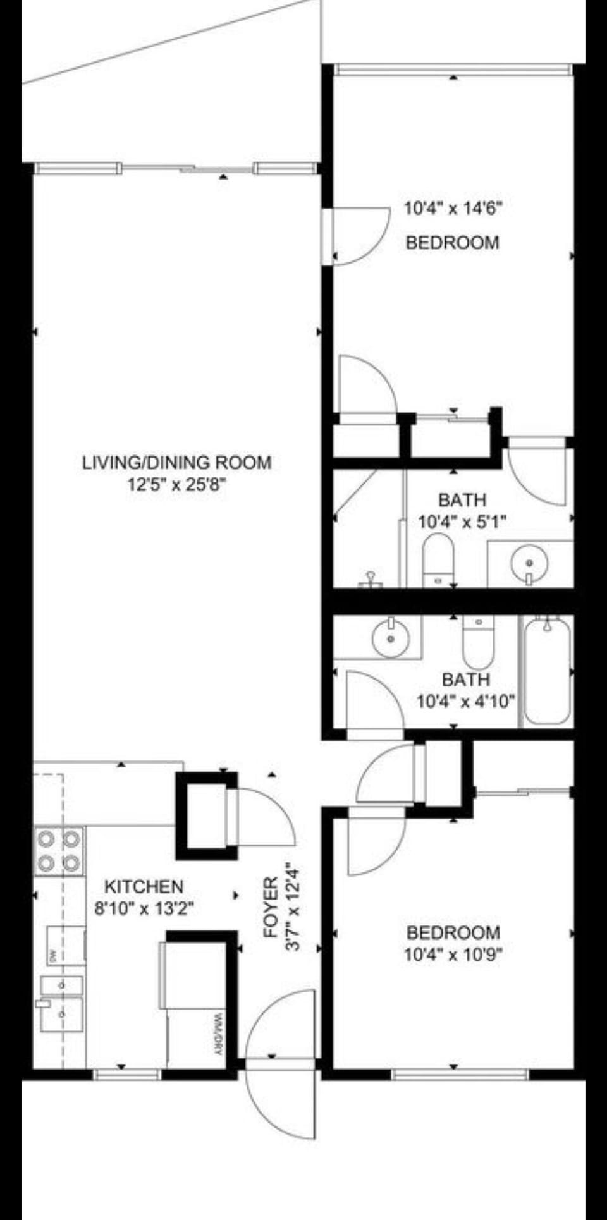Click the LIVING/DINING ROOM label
click(x=176, y=462)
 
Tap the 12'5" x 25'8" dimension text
click(x=176, y=485)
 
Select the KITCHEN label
click(x=144, y=886)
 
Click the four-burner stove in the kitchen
click(x=59, y=851)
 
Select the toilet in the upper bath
click(x=438, y=560)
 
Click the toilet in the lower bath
click(x=479, y=641)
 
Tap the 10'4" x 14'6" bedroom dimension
click(x=453, y=208)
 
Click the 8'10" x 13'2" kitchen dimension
click(x=144, y=909)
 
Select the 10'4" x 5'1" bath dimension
click(x=462, y=522)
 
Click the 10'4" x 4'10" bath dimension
click(x=465, y=702)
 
